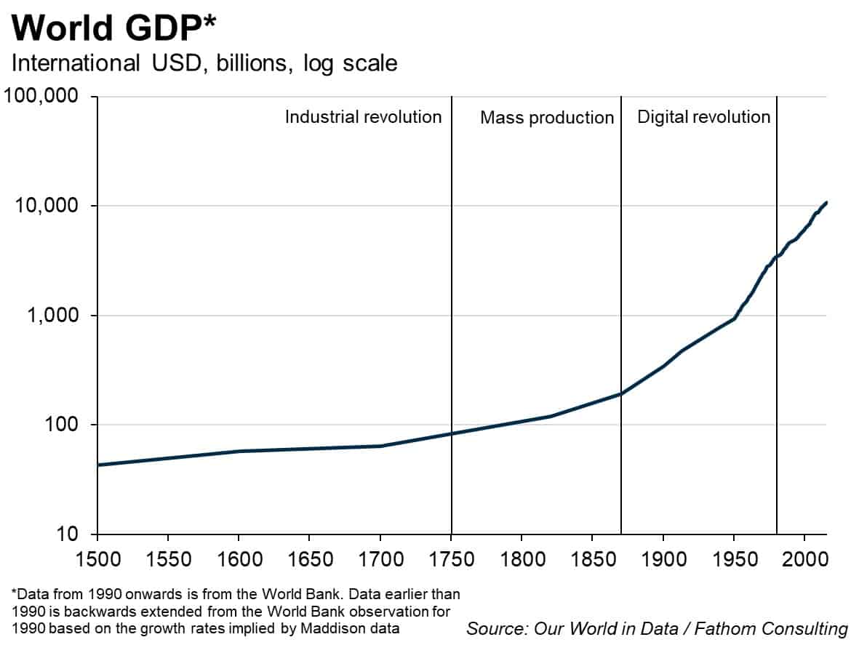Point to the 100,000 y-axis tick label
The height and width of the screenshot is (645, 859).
(x=45, y=97)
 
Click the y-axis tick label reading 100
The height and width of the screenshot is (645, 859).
(x=65, y=425)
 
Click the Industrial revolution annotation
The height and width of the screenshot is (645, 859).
(x=363, y=117)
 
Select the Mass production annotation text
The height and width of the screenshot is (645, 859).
(x=547, y=118)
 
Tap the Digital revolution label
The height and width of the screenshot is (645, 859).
(x=703, y=117)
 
